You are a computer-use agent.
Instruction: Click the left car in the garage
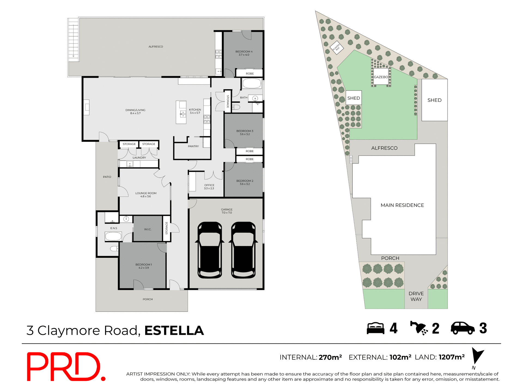pyautogui.click(x=209, y=250)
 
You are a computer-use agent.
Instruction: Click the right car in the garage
pyautogui.click(x=243, y=250)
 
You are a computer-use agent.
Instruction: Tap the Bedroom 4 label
pyautogui.click(x=244, y=53)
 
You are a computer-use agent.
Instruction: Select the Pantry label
pyautogui.click(x=193, y=146)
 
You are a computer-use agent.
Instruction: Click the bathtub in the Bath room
pyautogui.click(x=252, y=84)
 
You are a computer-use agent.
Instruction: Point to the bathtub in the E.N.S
pyautogui.click(x=113, y=236)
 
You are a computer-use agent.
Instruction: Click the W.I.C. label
pyautogui.click(x=148, y=229)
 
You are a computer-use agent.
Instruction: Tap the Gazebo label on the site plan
pyautogui.click(x=381, y=77)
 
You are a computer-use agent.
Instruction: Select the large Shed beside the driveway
pyautogui.click(x=434, y=100)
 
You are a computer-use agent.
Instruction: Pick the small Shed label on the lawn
pyautogui.click(x=354, y=98)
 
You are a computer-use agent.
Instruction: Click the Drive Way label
pyautogui.click(x=416, y=296)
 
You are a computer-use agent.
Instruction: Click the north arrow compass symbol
pyautogui.click(x=477, y=357)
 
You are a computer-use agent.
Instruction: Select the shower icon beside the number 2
pyautogui.click(x=419, y=328)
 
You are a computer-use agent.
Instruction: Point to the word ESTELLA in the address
pyautogui.click(x=174, y=330)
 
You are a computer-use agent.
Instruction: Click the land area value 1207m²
pyautogui.click(x=452, y=357)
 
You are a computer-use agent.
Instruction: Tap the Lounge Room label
pyautogui.click(x=146, y=195)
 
